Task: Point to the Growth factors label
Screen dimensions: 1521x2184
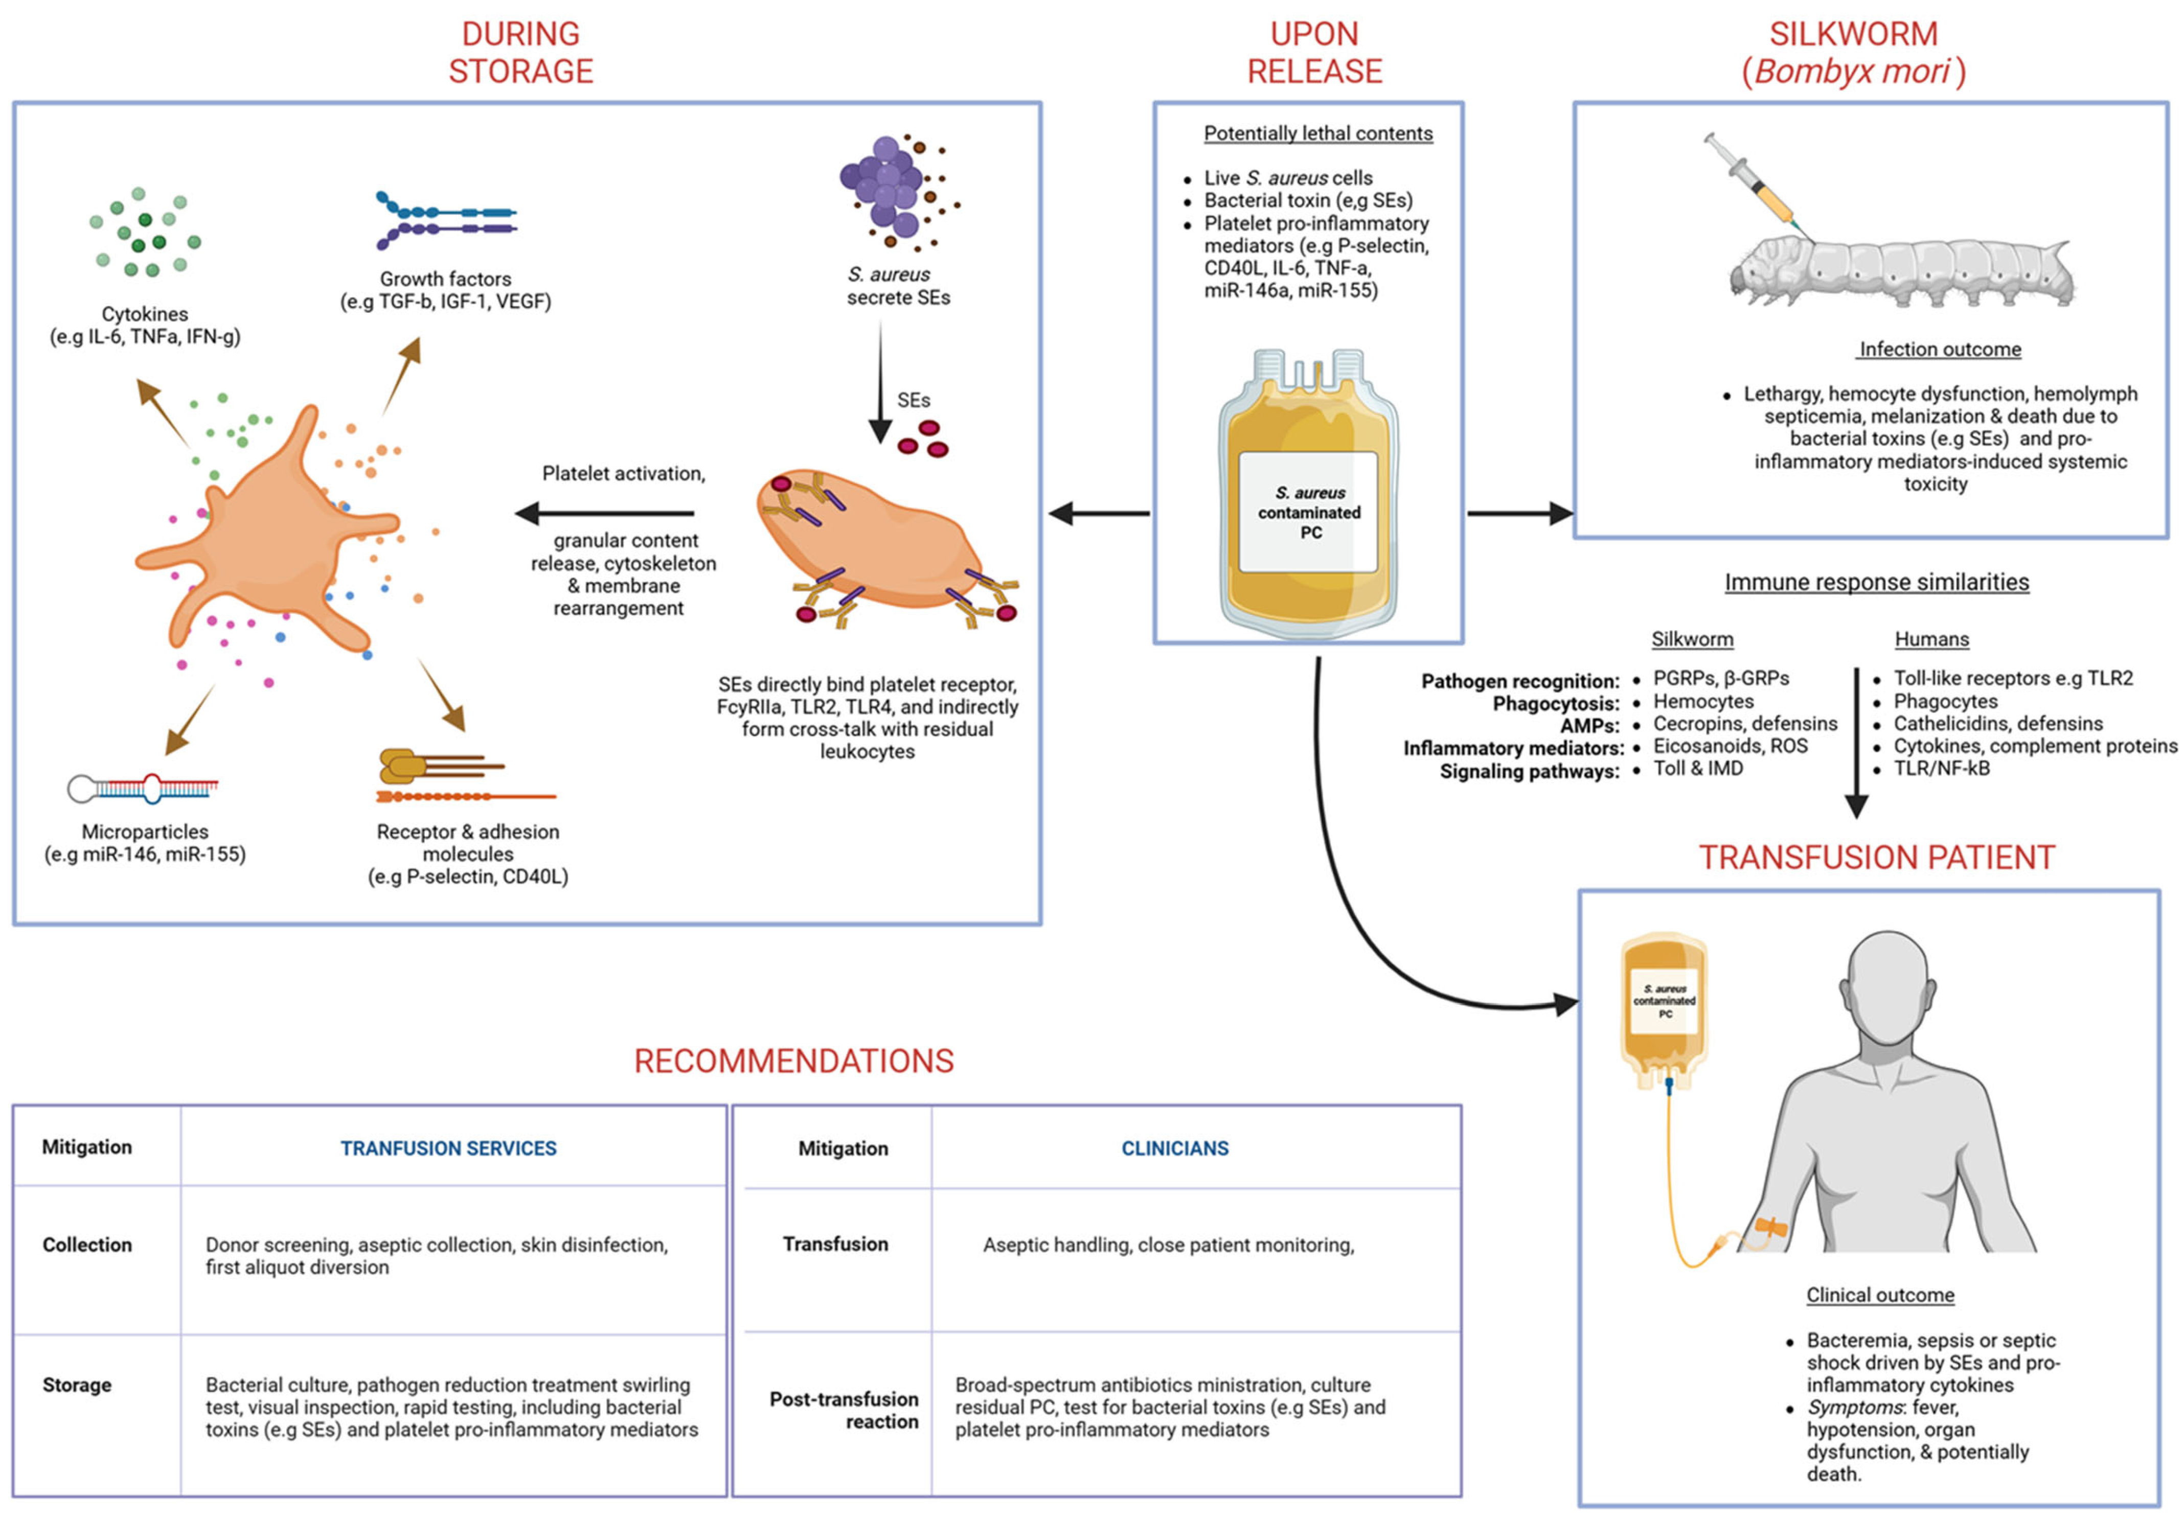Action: (x=445, y=279)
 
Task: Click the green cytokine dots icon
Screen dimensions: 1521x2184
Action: (x=145, y=233)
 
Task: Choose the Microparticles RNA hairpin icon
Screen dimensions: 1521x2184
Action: (x=143, y=788)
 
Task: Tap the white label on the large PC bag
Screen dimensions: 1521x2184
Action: (x=1309, y=512)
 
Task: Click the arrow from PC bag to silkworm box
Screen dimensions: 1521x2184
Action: (x=1519, y=514)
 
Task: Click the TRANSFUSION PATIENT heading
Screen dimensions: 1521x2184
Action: (x=1877, y=858)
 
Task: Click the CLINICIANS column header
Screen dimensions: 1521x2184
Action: (x=1175, y=1148)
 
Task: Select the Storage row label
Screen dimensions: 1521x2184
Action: (x=77, y=1385)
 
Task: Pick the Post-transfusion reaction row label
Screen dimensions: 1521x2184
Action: (x=844, y=1410)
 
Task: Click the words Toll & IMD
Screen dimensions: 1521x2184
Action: (x=1698, y=769)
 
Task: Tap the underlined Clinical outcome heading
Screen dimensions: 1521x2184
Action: (x=1880, y=1295)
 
